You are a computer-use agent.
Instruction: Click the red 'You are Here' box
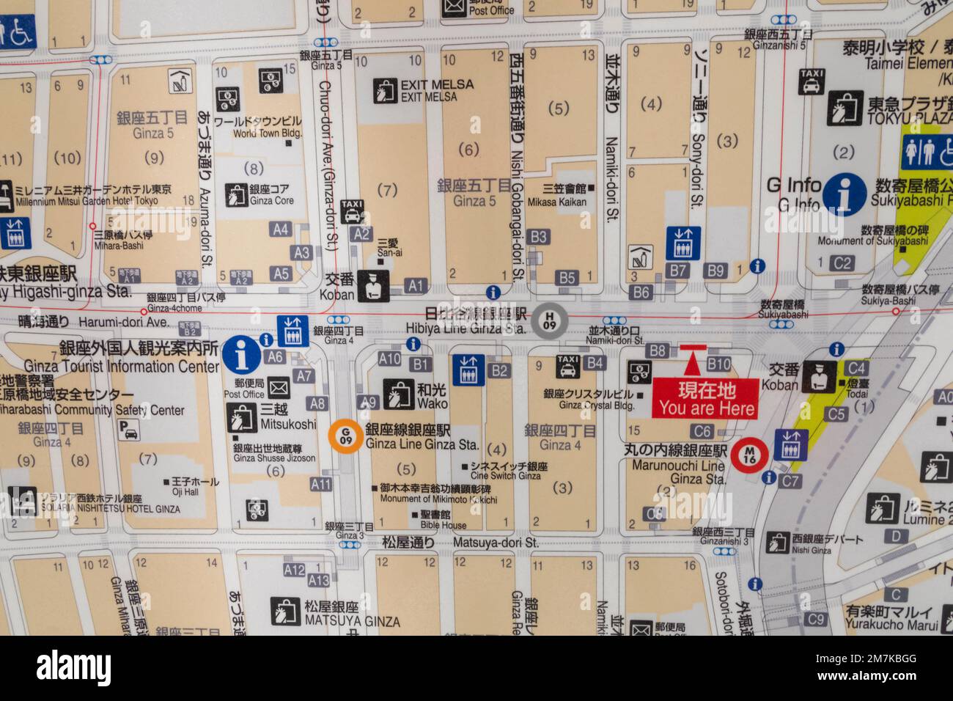click(x=706, y=399)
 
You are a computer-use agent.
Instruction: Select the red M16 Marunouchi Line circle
click(x=748, y=455)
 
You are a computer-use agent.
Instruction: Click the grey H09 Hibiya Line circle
click(x=548, y=320)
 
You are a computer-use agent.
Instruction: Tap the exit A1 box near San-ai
click(x=416, y=285)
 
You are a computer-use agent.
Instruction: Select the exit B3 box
click(x=539, y=236)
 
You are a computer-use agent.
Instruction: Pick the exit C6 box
click(x=702, y=431)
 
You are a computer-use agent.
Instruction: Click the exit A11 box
click(x=320, y=484)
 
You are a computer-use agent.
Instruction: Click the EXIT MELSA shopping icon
click(x=384, y=89)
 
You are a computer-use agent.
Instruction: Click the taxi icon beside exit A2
click(x=353, y=211)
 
